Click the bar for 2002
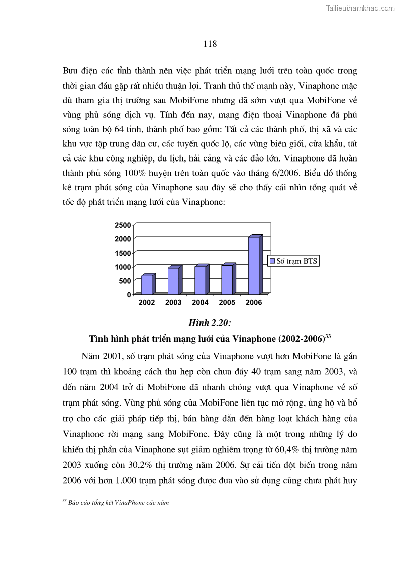pos(146,285)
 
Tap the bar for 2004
pos(200,280)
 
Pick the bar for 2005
pos(227,279)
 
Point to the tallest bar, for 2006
pos(254,266)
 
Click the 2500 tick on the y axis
pos(124,225)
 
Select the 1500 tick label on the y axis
pos(124,253)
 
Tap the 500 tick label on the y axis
pos(126,281)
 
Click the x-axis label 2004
pos(200,303)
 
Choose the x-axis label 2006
pos(253,303)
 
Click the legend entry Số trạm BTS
pos(294,261)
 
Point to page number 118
pos(210,44)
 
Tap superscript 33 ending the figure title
pos(327,335)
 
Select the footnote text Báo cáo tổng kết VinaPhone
pos(115,502)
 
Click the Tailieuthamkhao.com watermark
pos(360,8)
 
